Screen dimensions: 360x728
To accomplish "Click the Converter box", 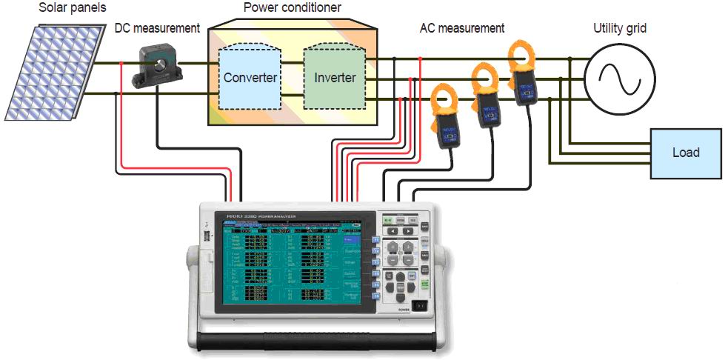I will coord(250,77).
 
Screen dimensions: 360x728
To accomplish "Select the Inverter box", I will coord(335,77).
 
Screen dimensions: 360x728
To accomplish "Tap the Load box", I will coord(685,153).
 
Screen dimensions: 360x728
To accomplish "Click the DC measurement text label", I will coord(157,28).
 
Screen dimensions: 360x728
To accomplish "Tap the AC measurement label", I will coord(461,28).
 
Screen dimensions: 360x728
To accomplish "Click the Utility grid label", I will coord(621,28).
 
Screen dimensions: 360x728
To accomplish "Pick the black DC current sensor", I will coord(156,64).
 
